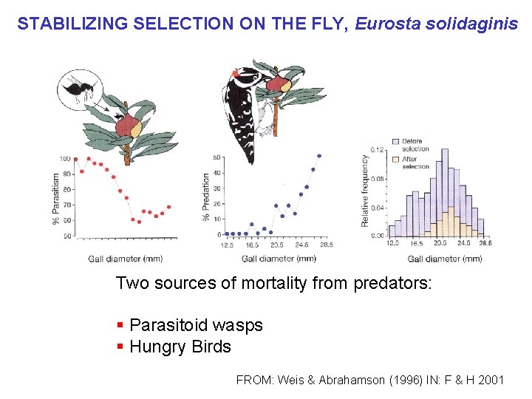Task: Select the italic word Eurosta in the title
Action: [386, 24]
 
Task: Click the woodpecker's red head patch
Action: [236, 74]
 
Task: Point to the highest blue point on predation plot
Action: [319, 156]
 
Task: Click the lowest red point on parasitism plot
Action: [139, 222]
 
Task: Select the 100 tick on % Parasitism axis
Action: [65, 159]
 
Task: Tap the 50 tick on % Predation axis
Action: [216, 157]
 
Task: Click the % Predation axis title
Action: [206, 197]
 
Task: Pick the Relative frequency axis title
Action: [365, 191]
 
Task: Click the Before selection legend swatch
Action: [396, 141]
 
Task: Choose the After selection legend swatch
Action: [396, 158]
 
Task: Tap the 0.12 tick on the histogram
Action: [377, 150]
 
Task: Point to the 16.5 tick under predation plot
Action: [253, 245]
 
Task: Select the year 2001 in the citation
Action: [491, 380]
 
